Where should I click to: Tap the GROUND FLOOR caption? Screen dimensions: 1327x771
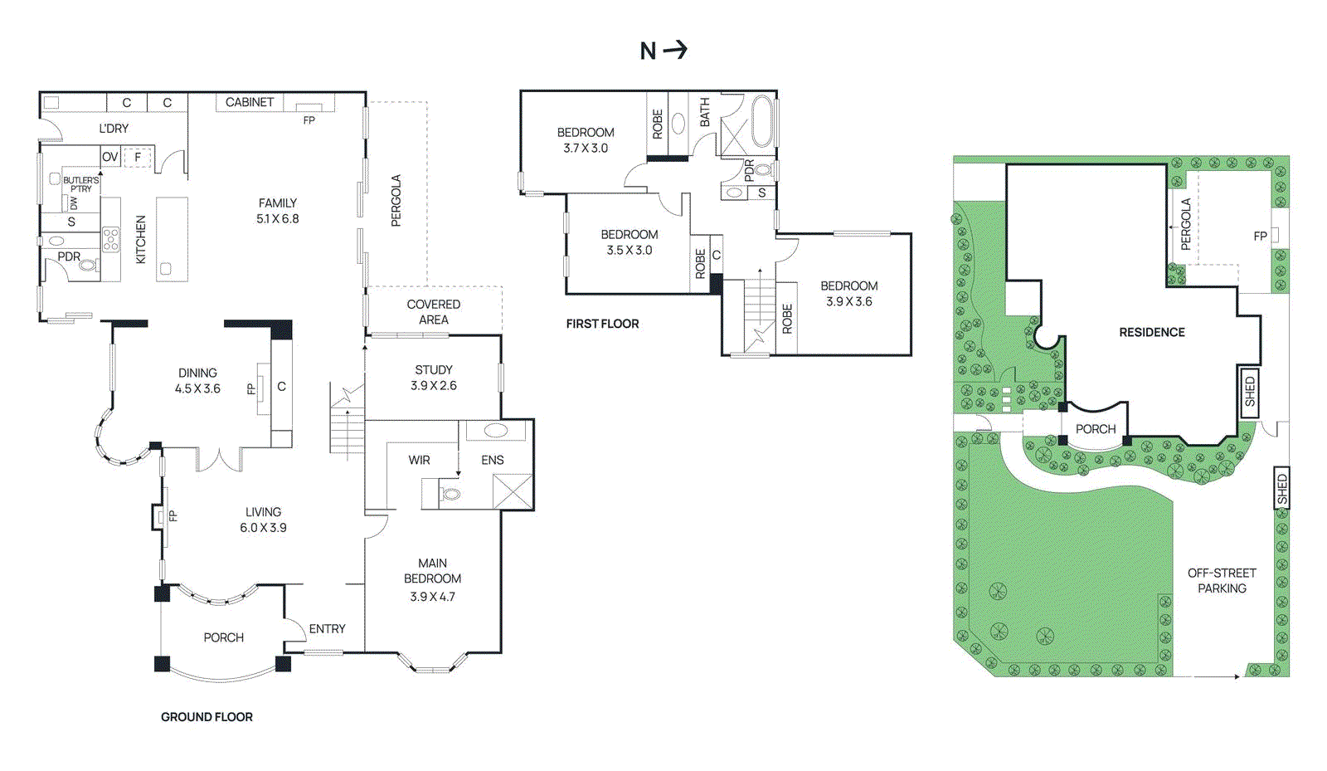click(207, 717)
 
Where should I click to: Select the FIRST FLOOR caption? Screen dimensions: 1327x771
click(602, 324)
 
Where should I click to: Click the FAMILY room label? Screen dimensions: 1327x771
click(277, 211)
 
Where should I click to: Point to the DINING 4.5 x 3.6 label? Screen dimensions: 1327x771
click(197, 381)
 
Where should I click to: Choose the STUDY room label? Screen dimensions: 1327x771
click(434, 378)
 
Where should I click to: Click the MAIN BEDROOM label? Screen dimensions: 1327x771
click(432, 579)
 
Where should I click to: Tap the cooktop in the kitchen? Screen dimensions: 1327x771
click(111, 240)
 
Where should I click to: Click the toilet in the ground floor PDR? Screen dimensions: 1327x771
click(88, 264)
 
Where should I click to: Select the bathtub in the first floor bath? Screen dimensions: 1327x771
click(762, 121)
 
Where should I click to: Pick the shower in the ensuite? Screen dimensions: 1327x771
click(513, 491)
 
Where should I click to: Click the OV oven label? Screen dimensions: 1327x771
click(110, 157)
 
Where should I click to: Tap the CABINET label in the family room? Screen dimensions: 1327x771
click(250, 102)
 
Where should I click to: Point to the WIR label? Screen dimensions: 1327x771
click(419, 460)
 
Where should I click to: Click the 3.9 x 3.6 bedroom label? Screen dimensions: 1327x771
click(849, 293)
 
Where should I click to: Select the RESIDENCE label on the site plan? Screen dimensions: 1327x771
click(1152, 333)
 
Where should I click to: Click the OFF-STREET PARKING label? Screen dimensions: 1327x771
click(1222, 581)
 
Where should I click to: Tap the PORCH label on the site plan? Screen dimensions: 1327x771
click(1096, 429)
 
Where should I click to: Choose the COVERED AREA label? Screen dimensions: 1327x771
click(434, 312)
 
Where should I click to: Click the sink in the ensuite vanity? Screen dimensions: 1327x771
click(496, 430)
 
